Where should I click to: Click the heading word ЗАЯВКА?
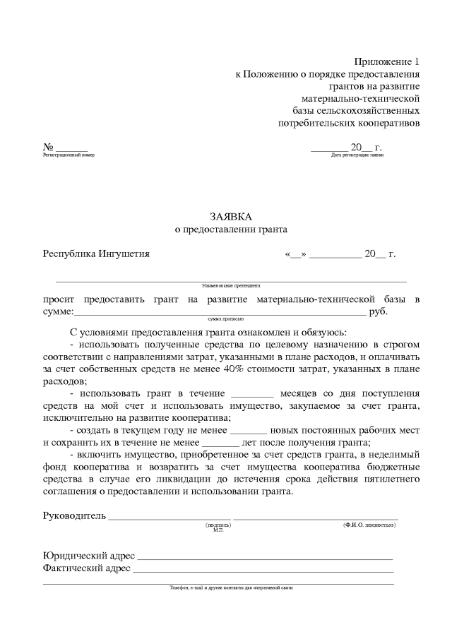[x=231, y=216]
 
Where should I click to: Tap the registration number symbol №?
[x=48, y=146]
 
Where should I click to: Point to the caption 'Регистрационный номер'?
[x=69, y=155]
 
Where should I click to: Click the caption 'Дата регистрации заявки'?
[x=357, y=155]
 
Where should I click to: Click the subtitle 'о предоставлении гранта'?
[x=231, y=229]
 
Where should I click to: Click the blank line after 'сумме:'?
[x=219, y=312]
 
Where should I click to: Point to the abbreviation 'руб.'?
[x=379, y=311]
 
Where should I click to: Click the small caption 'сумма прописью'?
[x=225, y=319]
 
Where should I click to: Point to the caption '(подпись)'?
[x=217, y=525]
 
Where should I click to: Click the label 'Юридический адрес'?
[x=89, y=555]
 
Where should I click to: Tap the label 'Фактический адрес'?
[x=86, y=568]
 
